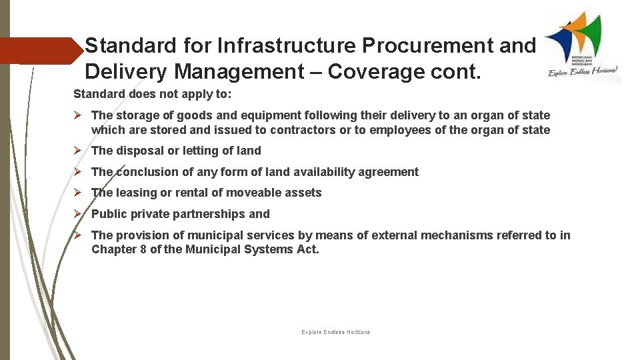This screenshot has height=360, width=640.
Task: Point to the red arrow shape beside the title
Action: tap(40, 50)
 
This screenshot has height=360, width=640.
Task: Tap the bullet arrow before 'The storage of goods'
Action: tap(77, 115)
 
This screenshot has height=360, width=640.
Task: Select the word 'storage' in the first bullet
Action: tap(136, 115)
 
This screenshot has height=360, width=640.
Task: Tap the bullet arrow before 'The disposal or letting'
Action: tap(77, 151)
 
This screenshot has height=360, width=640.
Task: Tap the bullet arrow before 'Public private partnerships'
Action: tap(77, 214)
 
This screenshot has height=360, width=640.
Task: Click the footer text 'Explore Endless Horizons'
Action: tap(335, 332)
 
